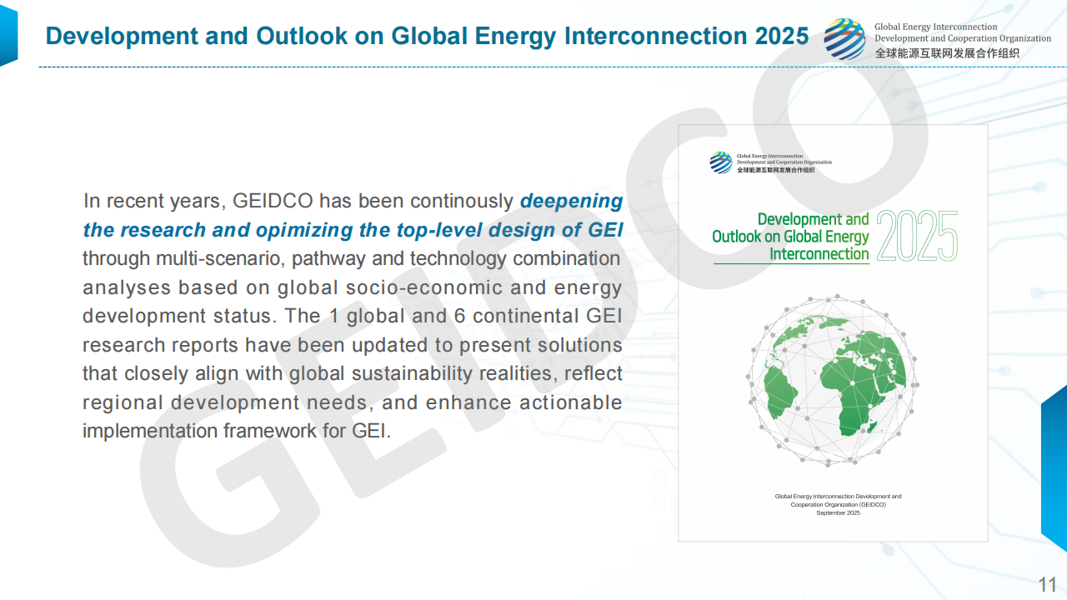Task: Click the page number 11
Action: (x=1047, y=583)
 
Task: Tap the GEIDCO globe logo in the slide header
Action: (x=844, y=39)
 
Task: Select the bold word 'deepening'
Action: (x=571, y=201)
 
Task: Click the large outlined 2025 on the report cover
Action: (x=916, y=237)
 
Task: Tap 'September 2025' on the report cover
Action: (x=838, y=512)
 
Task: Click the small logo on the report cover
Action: (x=720, y=162)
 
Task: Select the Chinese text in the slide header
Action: (x=946, y=53)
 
